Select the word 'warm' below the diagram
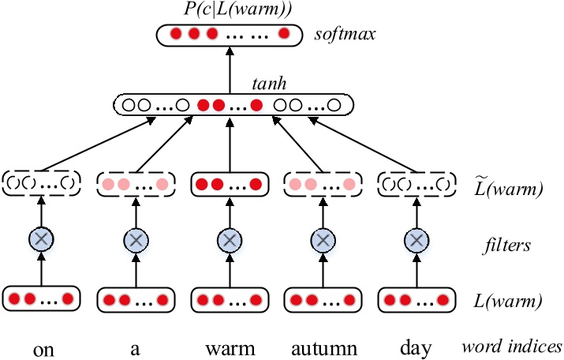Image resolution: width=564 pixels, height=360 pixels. coord(228,347)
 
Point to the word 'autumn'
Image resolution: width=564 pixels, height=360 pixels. coord(322,347)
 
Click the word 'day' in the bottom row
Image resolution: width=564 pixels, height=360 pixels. coord(416,347)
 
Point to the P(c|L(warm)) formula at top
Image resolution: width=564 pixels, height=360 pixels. coord(229,10)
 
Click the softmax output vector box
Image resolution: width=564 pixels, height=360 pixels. coord(229,35)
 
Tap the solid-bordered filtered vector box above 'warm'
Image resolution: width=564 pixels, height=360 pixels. coord(229,183)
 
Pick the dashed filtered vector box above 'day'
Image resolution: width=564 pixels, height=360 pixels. coord(416,183)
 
